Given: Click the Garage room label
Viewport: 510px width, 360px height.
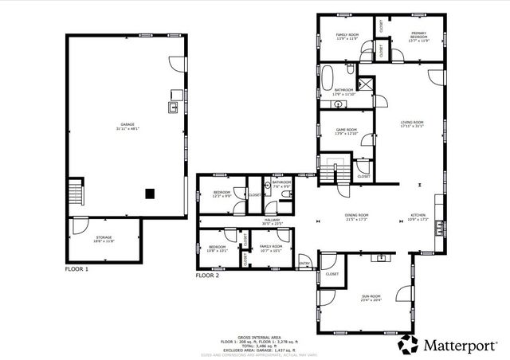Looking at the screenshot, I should point(127,127).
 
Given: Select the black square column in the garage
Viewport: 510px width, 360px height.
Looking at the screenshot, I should point(149,193).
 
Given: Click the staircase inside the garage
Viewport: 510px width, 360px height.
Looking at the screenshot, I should point(76,194).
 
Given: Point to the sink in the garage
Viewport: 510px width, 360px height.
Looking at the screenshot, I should point(172,106).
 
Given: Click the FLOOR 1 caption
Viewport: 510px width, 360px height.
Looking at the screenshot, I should point(76,270).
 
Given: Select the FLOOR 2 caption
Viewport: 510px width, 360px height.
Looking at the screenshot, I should point(207,276).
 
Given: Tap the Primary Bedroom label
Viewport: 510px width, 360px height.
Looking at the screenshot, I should point(419,37).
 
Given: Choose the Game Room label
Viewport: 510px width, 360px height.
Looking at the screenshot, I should point(346,131).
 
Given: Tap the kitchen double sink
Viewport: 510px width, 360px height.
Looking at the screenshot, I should point(384,257).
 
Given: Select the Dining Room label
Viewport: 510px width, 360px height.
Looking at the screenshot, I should point(356,217).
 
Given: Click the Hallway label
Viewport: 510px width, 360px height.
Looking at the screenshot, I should point(273,222).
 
